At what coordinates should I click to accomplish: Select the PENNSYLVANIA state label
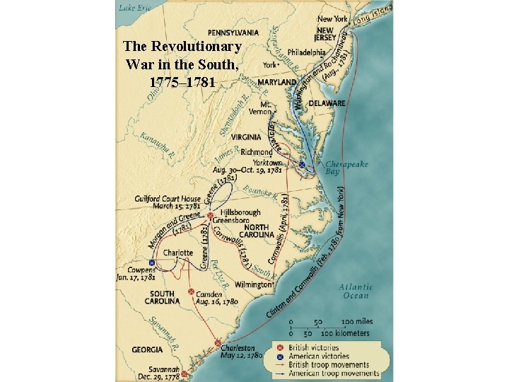233,33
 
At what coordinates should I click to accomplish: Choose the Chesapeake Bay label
346,168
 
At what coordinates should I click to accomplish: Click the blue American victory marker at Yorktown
302,165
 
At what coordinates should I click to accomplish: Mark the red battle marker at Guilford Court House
210,215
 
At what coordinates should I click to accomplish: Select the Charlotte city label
177,253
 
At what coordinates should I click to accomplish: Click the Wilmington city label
252,284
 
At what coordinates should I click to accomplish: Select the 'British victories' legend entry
312,347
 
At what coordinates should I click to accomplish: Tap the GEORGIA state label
147,349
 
